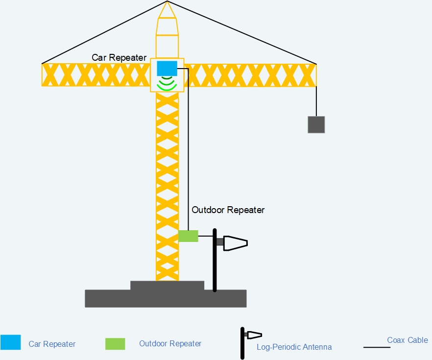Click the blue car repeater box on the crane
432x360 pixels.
coord(167,68)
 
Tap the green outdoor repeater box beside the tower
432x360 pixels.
coord(188,236)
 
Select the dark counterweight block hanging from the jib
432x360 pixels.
coord(316,124)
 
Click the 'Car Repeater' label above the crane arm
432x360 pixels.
coord(119,58)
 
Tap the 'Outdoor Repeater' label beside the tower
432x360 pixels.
coord(228,210)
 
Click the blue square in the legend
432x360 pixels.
coord(11,342)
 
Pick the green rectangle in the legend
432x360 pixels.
coord(115,344)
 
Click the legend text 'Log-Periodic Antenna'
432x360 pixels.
coord(294,347)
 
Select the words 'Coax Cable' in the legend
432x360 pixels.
coord(407,340)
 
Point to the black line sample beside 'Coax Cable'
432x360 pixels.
coord(377,347)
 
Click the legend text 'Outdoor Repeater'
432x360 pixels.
coord(170,344)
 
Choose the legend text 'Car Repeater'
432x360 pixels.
coord(52,344)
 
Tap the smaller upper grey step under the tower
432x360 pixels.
coord(167,285)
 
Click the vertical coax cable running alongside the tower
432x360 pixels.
coord(188,147)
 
